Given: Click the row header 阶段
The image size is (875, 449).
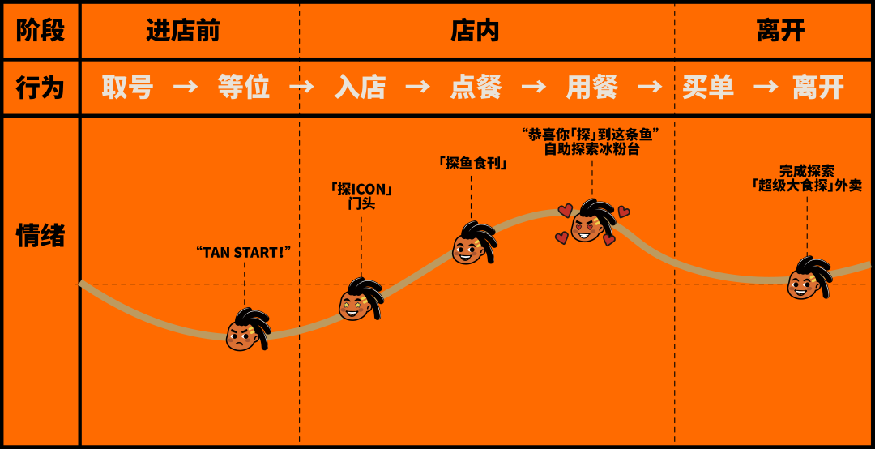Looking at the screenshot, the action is [x=40, y=31].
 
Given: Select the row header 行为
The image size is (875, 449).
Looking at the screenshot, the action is [x=40, y=88].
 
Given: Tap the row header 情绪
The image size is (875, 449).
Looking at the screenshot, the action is [x=40, y=236].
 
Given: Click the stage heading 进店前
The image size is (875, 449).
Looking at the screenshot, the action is [x=182, y=31].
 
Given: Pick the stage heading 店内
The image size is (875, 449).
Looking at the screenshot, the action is [x=475, y=31].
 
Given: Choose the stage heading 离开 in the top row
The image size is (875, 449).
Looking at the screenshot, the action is [x=780, y=31].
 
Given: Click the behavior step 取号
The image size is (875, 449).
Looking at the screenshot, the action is [x=127, y=88].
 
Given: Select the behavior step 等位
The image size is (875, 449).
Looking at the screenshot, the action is [x=243, y=88].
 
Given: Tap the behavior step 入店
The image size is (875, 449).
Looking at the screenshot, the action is [x=360, y=88].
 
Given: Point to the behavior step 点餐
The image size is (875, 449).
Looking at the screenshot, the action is [x=476, y=88].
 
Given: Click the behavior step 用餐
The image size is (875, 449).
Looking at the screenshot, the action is [x=591, y=88].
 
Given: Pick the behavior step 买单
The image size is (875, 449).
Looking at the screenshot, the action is [x=707, y=88].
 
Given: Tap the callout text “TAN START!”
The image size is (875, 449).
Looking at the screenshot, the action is [x=243, y=252].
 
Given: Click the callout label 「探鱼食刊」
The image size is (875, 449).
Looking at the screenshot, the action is [x=471, y=163].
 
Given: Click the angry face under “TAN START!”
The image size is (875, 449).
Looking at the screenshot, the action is [x=244, y=331].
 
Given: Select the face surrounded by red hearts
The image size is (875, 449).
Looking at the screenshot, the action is [x=589, y=223].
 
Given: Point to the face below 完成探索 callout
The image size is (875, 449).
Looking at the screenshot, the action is [x=806, y=280].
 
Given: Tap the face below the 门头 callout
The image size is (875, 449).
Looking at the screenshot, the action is [x=359, y=300].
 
